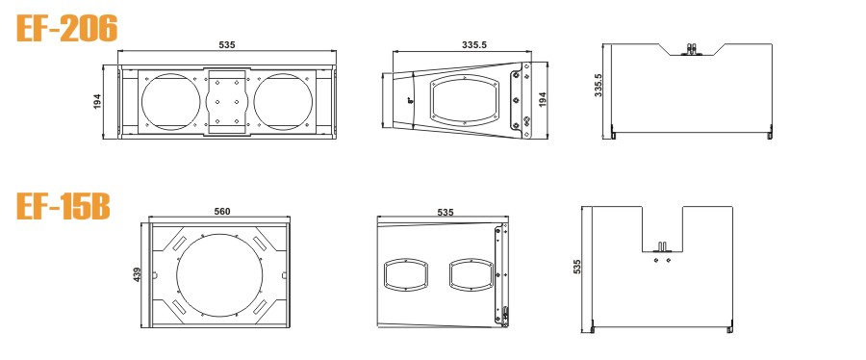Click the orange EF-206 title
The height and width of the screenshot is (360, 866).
tap(66, 28)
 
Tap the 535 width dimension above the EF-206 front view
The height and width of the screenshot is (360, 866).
tap(227, 44)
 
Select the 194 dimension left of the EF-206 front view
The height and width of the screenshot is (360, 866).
tap(98, 101)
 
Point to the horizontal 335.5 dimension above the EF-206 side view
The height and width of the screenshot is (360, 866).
tap(473, 45)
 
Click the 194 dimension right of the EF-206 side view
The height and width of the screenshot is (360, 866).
tap(542, 99)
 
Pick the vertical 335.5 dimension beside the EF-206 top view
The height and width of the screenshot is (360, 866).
tap(599, 85)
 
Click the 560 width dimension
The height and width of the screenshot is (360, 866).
tap(221, 212)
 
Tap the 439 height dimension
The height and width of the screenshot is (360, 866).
tap(138, 274)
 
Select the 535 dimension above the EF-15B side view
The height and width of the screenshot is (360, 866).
tap(446, 212)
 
